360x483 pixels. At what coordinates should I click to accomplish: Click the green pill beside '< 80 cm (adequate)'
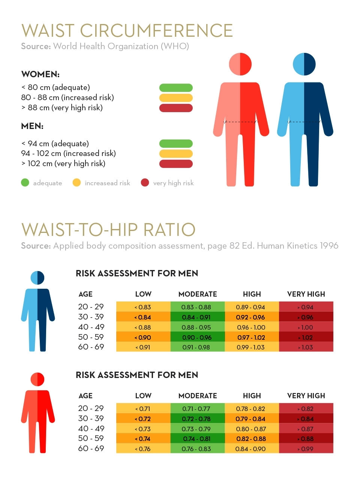176,88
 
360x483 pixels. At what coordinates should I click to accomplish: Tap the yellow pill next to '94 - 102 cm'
176,154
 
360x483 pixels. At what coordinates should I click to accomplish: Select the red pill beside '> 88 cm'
176,108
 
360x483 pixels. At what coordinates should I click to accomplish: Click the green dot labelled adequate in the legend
25,183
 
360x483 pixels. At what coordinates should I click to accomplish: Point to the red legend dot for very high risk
145,183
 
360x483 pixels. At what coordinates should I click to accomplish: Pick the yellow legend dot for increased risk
76,183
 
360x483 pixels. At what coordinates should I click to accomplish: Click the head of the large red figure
240,64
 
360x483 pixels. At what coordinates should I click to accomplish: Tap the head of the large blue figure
304,64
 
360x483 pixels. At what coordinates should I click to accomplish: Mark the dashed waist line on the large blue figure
304,122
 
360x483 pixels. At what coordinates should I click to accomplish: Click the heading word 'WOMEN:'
40,74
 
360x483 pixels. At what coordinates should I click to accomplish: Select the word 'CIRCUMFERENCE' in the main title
156,31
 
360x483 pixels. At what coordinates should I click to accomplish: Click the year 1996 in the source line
329,246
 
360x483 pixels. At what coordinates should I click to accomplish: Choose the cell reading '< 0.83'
143,307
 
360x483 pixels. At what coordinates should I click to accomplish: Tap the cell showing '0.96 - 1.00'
251,327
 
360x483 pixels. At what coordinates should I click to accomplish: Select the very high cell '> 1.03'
306,347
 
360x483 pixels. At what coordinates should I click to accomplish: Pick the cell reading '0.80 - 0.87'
251,429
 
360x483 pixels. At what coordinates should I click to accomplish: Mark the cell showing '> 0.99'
306,449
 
